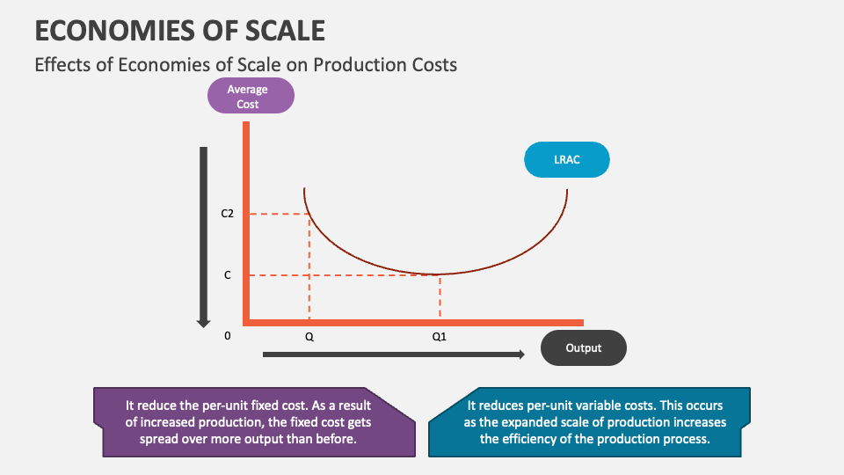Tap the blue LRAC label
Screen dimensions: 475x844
(566, 160)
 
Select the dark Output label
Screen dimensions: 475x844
(583, 348)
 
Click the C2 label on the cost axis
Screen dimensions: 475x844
(227, 214)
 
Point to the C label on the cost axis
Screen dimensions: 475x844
(227, 275)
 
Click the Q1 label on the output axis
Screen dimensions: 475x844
(440, 337)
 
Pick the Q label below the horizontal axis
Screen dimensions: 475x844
(309, 337)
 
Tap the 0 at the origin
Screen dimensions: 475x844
(228, 336)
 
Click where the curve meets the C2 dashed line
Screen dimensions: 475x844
(309, 214)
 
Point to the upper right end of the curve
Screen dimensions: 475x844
(567, 189)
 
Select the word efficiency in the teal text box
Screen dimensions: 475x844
(518, 439)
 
